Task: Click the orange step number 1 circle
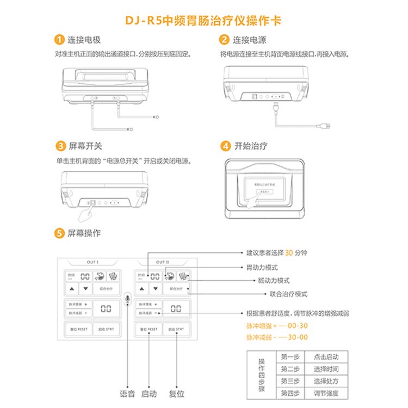pyautogui.click(x=59, y=40)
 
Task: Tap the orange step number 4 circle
pyautogui.click(x=225, y=146)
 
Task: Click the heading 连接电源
pyautogui.click(x=250, y=40)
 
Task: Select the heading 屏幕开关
pyautogui.click(x=85, y=146)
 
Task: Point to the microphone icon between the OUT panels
pyautogui.click(x=127, y=299)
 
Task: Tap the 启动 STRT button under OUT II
pyautogui.click(x=176, y=330)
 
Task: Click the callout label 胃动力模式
pyautogui.click(x=262, y=268)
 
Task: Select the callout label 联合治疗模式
pyautogui.click(x=288, y=294)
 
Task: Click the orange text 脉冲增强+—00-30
pyautogui.click(x=277, y=325)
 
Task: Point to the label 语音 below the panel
pyautogui.click(x=127, y=394)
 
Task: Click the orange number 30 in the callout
pyautogui.click(x=289, y=253)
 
